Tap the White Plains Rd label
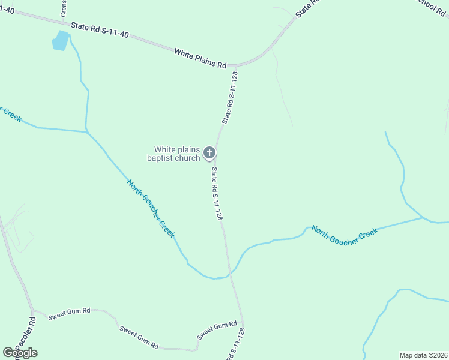200,58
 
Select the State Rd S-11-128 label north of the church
231,97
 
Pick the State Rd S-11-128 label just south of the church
217,194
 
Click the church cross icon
209,153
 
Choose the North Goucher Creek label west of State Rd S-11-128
151,208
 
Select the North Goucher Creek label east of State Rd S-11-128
345,236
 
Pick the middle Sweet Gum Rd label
139,337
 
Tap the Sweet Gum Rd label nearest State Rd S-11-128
217,328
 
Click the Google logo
20,353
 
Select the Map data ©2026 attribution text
423,355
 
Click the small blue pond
61,41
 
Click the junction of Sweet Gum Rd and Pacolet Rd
34,311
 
